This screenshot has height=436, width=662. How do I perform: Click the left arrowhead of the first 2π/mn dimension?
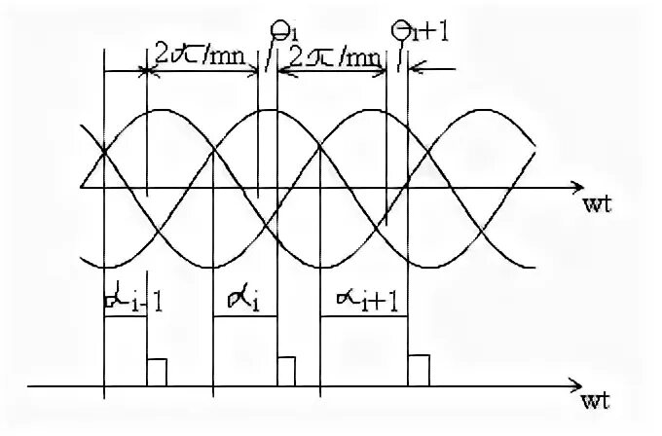tap(108, 71)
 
